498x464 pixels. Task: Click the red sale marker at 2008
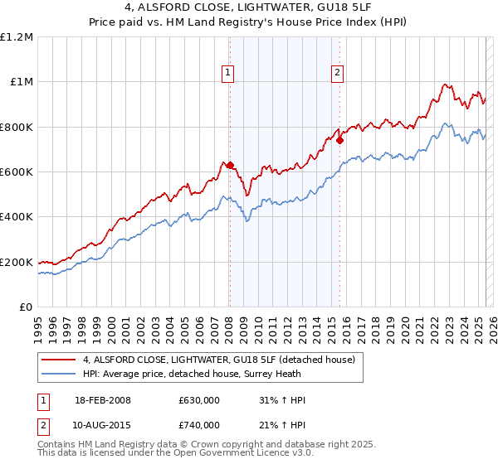(230, 165)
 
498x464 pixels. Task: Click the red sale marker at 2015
(339, 140)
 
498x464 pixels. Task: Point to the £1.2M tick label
(17, 37)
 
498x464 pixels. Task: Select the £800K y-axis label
(17, 127)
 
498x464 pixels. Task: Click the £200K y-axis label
(17, 262)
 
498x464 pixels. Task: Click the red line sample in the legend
(57, 360)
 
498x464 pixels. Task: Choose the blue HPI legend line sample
(57, 374)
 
